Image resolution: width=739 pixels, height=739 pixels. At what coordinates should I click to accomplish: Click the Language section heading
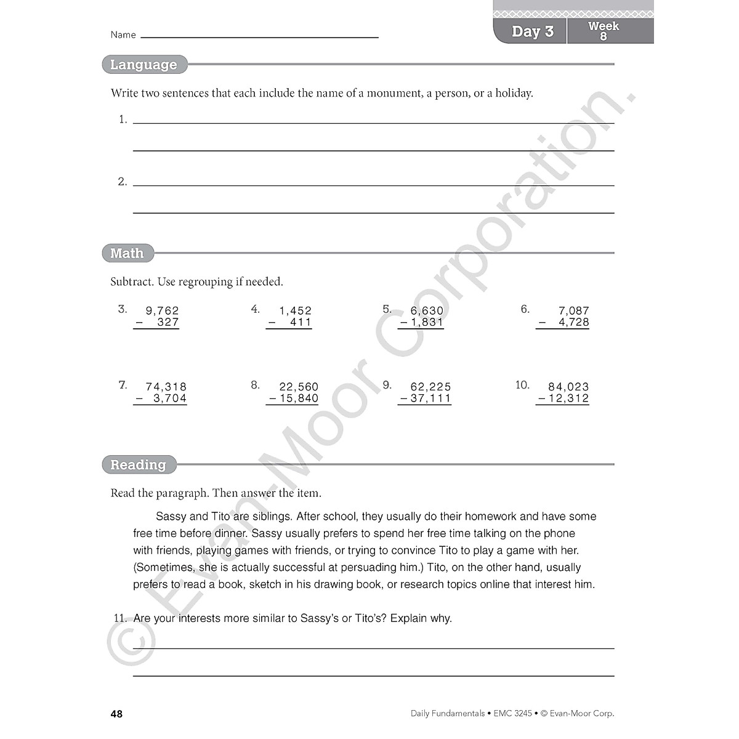(x=143, y=65)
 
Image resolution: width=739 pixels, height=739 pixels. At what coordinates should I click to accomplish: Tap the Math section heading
(x=127, y=253)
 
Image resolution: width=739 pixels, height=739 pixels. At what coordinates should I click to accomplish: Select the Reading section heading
(x=138, y=465)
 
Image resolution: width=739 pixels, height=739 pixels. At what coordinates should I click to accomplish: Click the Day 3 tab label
(x=533, y=31)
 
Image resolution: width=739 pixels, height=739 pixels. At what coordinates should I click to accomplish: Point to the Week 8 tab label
(x=604, y=31)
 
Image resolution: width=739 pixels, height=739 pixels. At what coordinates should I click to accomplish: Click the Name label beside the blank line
(x=123, y=35)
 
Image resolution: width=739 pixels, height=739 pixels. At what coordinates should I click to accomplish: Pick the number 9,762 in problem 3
(x=162, y=311)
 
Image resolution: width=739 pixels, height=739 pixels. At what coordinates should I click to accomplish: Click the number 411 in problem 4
(x=301, y=322)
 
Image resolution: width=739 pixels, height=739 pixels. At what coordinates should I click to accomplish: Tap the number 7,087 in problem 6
(x=574, y=311)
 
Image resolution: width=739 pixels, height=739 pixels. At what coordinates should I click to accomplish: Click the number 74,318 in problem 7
(x=166, y=387)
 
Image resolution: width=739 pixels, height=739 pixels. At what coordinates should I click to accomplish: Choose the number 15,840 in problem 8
(x=299, y=398)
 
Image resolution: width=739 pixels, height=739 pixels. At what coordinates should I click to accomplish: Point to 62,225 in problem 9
(x=430, y=387)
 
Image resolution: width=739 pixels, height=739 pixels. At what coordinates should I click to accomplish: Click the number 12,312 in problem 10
(x=568, y=398)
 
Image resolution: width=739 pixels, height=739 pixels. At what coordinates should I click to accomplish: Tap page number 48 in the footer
(x=116, y=714)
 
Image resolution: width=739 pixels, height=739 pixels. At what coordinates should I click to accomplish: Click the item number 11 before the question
(x=120, y=618)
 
